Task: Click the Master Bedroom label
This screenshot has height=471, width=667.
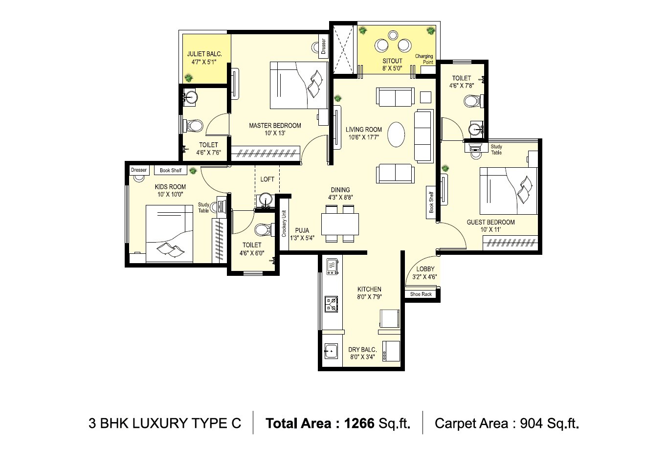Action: click(x=275, y=126)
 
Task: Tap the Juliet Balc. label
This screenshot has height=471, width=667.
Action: click(x=204, y=54)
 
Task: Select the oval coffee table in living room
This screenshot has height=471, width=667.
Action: click(x=397, y=134)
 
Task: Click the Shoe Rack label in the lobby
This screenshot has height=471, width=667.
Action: click(x=421, y=294)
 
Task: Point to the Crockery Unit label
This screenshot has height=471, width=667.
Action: click(x=284, y=224)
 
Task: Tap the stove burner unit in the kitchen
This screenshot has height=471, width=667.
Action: click(x=332, y=304)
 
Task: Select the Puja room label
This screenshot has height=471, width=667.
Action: click(x=302, y=231)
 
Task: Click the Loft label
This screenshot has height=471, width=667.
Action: click(x=267, y=179)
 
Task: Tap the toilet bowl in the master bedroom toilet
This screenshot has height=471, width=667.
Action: click(x=195, y=125)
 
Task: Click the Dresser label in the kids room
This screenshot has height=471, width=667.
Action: click(x=139, y=170)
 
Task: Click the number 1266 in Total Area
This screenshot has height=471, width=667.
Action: click(x=359, y=423)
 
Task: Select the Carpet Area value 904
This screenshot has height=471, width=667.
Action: click(x=531, y=423)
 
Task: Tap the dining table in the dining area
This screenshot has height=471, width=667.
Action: click(x=340, y=224)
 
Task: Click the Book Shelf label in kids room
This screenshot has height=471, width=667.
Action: click(x=171, y=170)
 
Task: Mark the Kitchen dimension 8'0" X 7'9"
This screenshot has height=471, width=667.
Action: click(x=369, y=296)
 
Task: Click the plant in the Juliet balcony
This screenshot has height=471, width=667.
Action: click(x=188, y=77)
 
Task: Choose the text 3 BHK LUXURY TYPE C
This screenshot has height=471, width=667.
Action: click(x=165, y=423)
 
